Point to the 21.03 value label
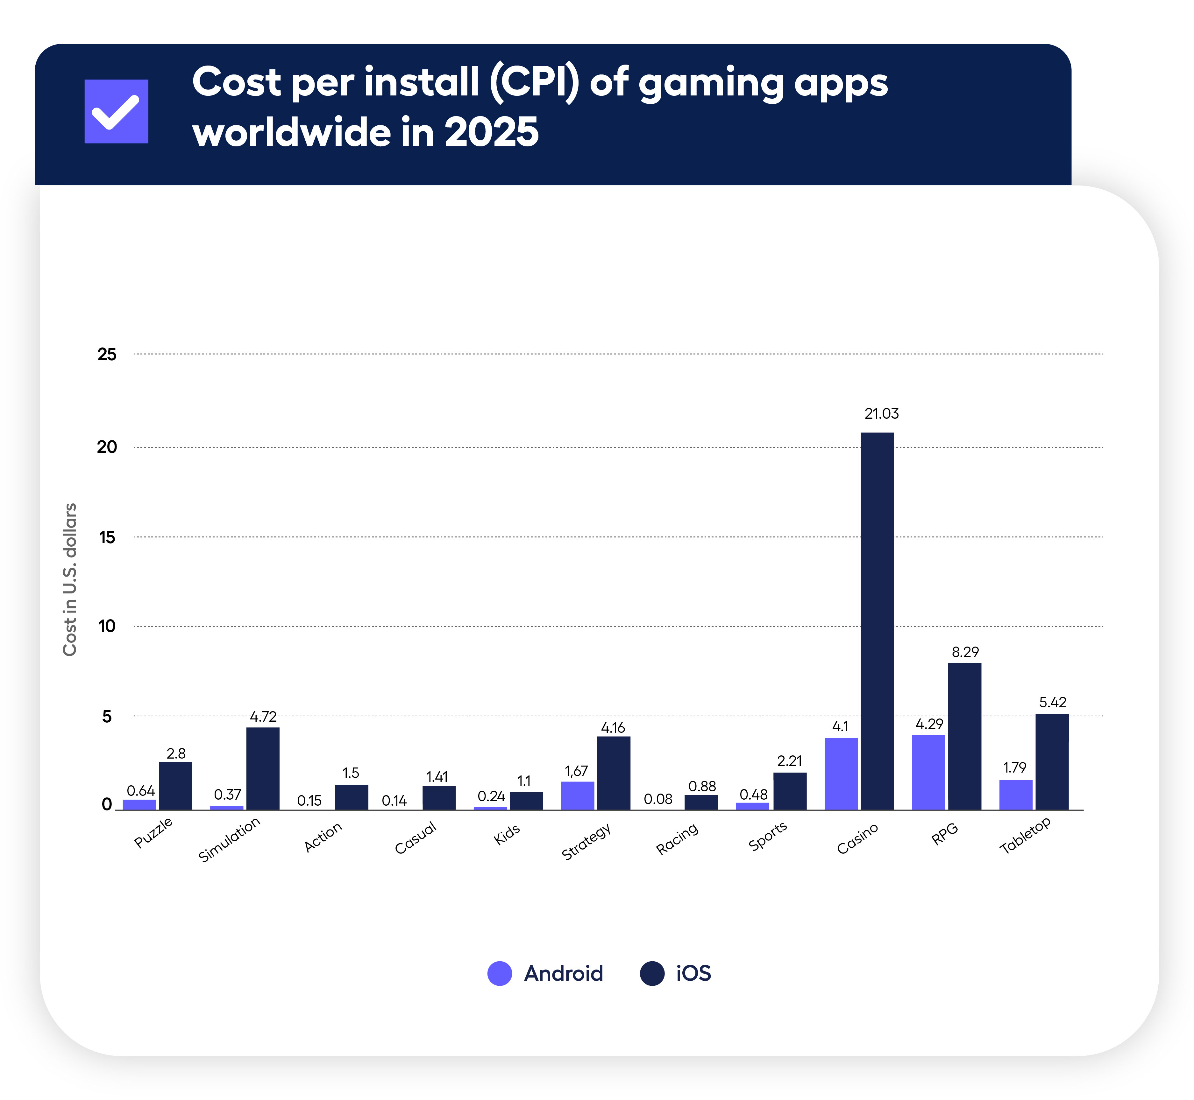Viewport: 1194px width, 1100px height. [881, 414]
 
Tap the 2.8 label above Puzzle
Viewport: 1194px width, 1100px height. [176, 753]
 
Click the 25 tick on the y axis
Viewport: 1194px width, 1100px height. [107, 355]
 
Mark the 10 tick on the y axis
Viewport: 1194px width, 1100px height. [107, 626]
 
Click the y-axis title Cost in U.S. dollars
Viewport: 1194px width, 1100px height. [70, 579]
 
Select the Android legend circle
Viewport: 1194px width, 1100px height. [499, 973]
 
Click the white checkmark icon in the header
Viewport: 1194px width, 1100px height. [116, 111]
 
